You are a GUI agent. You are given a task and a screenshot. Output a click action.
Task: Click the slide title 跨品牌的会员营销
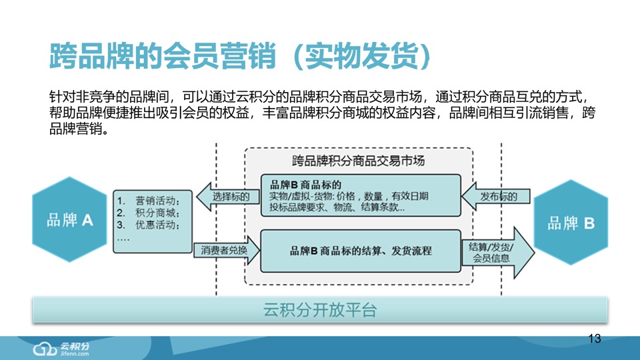tap(163, 57)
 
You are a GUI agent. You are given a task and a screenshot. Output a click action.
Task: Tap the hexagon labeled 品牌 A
tap(69, 221)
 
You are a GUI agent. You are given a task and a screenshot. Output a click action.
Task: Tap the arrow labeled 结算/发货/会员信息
tap(496, 252)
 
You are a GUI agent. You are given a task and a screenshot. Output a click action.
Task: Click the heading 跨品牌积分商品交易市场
tap(359, 161)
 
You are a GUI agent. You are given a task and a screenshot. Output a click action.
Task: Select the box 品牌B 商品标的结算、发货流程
tap(360, 251)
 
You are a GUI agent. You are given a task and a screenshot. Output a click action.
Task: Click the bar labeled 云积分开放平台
tap(320, 310)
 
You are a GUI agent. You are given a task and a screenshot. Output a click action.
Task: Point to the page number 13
tap(595, 339)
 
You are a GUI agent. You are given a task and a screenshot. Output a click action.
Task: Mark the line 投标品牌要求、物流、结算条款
tap(337, 207)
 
